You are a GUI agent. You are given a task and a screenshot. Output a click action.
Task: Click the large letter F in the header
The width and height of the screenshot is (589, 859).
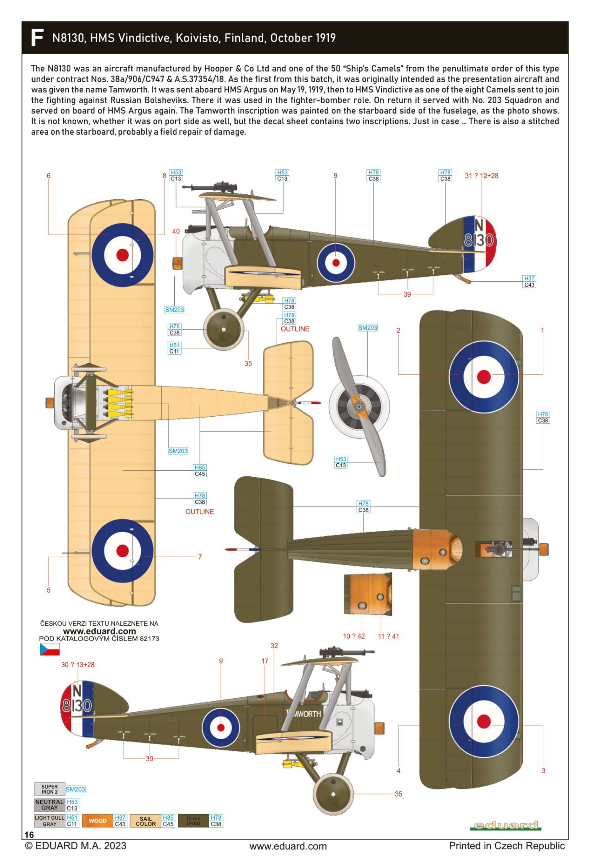37,38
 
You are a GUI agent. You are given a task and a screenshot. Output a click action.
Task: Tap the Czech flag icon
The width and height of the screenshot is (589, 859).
49,649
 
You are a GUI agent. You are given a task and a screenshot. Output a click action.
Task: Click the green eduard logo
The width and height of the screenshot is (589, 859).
505,825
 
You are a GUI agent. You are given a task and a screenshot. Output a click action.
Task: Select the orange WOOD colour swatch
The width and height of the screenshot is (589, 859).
98,820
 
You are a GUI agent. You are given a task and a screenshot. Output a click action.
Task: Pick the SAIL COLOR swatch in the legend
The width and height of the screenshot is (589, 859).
145,821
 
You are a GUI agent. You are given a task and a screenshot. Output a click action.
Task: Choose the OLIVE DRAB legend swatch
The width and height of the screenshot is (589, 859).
193,820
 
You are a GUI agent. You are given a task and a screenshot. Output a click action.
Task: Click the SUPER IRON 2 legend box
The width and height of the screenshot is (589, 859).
49,789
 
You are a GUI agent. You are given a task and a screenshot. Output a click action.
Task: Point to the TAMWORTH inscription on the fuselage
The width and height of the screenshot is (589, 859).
304,713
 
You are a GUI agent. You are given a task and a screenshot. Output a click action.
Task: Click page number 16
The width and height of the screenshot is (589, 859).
29,835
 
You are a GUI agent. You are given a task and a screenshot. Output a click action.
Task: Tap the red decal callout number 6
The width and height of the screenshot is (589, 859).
49,176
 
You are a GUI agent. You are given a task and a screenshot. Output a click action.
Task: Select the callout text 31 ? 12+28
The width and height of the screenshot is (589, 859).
481,176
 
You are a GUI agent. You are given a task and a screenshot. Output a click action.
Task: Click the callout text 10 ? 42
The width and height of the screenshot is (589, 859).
354,636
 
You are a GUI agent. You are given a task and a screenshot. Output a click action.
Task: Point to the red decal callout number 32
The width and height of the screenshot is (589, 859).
274,645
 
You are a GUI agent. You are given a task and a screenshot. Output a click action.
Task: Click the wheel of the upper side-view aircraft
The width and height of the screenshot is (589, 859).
223,329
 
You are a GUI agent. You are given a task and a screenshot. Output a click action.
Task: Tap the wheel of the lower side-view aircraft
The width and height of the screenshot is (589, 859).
333,794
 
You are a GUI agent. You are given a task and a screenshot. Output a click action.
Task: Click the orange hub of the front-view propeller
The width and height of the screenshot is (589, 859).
359,406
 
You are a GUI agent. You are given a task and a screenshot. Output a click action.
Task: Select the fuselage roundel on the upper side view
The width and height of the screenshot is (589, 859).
336,263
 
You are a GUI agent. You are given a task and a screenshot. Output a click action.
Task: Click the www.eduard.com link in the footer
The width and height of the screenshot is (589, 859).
288,846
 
